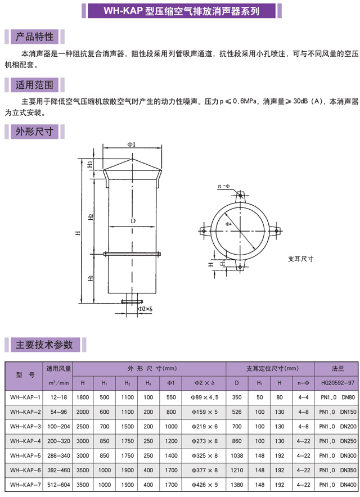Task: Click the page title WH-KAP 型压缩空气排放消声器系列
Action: (x=182, y=11)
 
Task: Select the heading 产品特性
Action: (x=34, y=37)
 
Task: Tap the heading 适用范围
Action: (x=34, y=85)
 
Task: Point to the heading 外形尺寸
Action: (x=34, y=131)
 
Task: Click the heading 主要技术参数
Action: (x=44, y=345)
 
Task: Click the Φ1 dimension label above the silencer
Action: (x=132, y=144)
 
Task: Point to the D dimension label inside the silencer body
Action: (x=133, y=221)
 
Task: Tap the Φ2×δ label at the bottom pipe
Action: (x=145, y=309)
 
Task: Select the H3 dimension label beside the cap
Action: (x=91, y=164)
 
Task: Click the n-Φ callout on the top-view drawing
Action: (x=224, y=186)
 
